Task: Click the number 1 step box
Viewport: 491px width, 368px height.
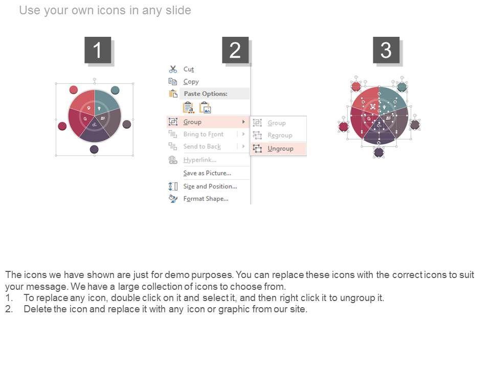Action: pos(98,50)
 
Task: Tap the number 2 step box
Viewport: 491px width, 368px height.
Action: pos(235,50)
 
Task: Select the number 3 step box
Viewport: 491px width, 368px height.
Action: pos(386,50)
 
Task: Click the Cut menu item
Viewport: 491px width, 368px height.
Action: pos(189,69)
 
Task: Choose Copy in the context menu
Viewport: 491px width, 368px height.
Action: pos(191,82)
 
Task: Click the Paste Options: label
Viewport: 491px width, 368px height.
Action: pos(206,94)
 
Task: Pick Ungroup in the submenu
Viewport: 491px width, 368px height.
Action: pos(280,149)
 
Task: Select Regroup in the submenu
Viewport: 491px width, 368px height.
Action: pos(280,135)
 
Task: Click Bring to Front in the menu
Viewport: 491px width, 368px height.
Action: pos(204,134)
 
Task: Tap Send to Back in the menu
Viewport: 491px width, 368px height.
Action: pos(202,147)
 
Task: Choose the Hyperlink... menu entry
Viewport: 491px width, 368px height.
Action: pos(200,160)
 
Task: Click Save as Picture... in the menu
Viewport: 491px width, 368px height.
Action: pos(207,173)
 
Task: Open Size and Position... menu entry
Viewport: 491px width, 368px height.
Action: pos(210,187)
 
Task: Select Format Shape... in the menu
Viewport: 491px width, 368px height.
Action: pos(206,199)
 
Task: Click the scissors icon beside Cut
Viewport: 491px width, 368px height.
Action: pos(173,69)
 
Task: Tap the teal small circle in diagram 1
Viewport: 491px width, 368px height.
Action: pos(115,90)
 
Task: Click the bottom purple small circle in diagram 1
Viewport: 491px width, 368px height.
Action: pos(94,149)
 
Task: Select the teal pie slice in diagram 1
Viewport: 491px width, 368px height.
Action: pos(107,101)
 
